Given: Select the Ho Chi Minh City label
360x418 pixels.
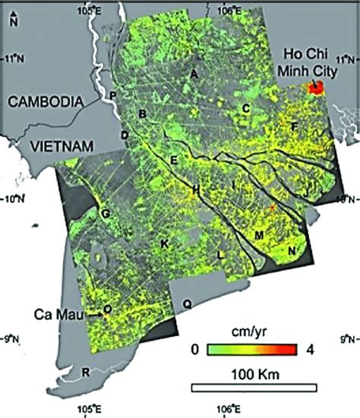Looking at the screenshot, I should coord(310,62).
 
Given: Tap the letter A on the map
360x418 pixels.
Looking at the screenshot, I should coord(194,74).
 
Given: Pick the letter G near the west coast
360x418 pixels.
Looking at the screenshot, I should coord(106,214).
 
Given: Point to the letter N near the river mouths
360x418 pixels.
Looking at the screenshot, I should coord(292,251).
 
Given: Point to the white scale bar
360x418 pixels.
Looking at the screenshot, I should coord(253,388).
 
